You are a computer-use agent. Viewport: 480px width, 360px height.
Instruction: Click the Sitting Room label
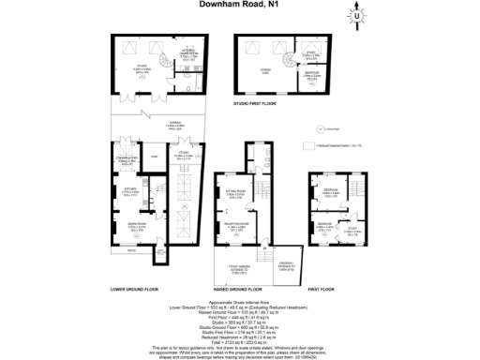[x=235, y=196]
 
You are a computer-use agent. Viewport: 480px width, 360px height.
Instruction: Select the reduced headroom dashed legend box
[x=307, y=147]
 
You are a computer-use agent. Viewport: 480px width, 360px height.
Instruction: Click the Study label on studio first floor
[x=310, y=56]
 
